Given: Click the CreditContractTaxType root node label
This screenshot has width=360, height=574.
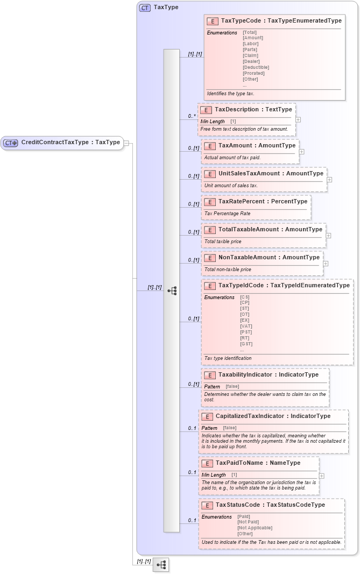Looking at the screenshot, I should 70,143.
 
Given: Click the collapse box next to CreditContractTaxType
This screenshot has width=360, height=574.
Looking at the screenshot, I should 126,143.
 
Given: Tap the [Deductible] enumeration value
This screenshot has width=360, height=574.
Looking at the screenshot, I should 256,67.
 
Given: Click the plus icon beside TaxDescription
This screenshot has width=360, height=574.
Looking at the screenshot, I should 298,120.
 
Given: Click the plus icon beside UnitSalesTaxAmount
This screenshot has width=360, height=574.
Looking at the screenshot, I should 329,180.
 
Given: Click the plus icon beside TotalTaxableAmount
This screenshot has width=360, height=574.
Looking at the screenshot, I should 328,236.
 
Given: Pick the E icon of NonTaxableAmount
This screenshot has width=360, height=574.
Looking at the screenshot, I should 210,258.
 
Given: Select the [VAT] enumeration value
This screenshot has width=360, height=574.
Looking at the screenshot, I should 246,326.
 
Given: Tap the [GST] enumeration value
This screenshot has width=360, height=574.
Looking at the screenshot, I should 246,344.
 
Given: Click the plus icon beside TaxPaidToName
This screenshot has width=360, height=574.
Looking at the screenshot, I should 321,476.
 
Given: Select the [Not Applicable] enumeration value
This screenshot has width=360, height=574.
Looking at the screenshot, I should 255,528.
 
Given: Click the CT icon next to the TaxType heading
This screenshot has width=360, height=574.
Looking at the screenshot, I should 145,8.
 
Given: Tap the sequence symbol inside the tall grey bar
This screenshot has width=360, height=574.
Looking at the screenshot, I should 172,290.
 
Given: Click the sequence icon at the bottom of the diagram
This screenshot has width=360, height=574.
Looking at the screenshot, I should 160,564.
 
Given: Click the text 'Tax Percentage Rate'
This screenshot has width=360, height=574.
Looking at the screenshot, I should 227,214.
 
